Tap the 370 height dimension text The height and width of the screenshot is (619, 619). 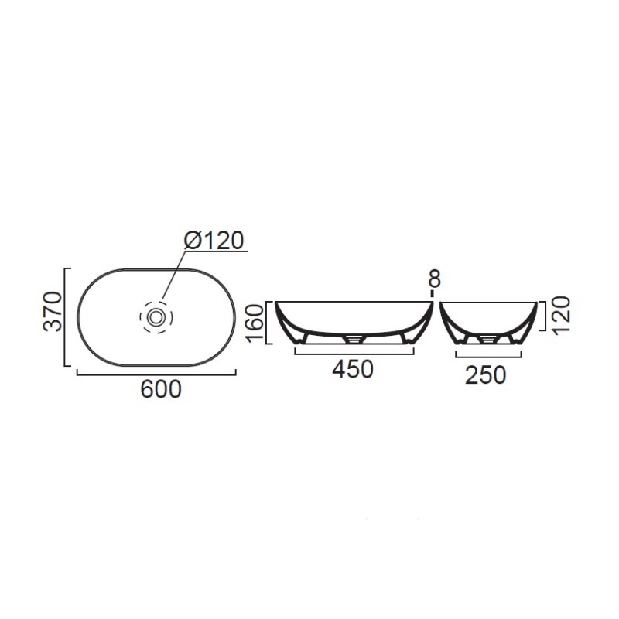pos(53,311)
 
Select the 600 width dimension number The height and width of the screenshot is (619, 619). pos(161,389)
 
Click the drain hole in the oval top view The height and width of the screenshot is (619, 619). pos(156,316)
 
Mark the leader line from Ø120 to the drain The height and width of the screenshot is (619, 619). pos(174,274)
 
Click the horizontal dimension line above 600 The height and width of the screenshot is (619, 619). pos(156,374)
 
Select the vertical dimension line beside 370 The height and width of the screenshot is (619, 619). pos(68,316)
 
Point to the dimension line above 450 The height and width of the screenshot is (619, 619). pos(352,353)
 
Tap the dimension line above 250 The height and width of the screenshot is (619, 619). pos(485,357)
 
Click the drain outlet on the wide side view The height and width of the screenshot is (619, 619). pos(354,338)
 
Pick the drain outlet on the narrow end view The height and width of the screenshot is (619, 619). pos(487,338)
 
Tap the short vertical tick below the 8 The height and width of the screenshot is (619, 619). pos(433,295)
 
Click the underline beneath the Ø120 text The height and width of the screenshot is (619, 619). pos(216,251)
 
